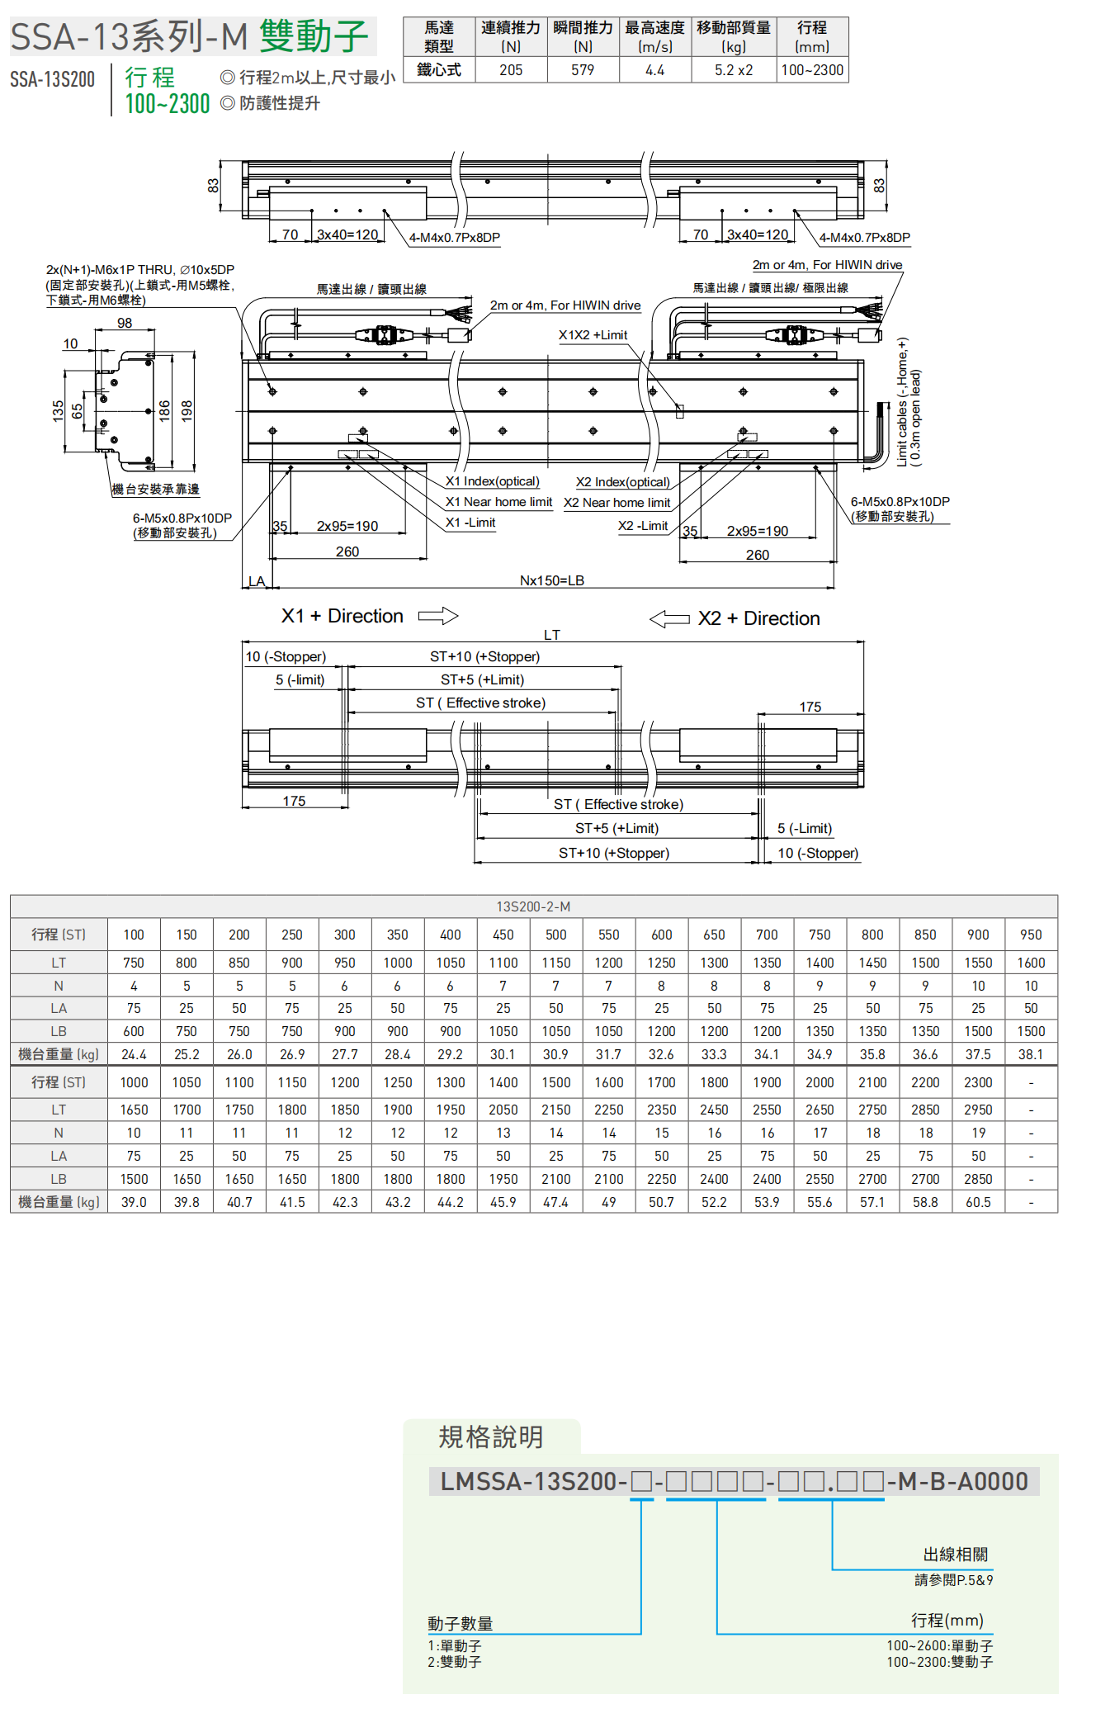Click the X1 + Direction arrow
coord(437,616)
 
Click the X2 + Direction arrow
coord(669,618)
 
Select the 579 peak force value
coord(583,70)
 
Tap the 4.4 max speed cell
coord(654,70)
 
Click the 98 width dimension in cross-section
coord(125,323)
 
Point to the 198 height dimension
coord(187,410)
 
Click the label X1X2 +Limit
coord(593,335)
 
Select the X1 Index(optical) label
coord(493,481)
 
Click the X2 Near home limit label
coord(616,503)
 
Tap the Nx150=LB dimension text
coord(551,580)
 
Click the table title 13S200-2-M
coord(533,906)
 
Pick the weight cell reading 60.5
coord(978,1202)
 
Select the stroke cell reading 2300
coord(978,1082)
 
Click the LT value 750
coord(134,963)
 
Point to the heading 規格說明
coord(490,1437)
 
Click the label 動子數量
coord(460,1624)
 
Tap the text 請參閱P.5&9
coord(953,1580)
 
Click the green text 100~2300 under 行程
coord(168,104)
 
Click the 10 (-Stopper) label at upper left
coord(286,657)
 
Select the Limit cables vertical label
coord(909,402)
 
